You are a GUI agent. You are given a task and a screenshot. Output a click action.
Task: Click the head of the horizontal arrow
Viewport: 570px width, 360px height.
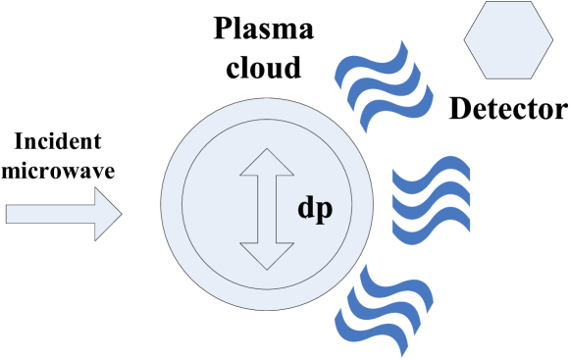(107, 214)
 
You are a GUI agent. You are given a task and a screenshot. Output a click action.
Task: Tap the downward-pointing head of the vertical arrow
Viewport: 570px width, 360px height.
(267, 255)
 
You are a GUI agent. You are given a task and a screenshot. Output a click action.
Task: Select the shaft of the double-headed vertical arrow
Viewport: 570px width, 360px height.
(267, 209)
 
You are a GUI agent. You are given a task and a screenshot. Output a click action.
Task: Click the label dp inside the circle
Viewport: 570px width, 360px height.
(314, 209)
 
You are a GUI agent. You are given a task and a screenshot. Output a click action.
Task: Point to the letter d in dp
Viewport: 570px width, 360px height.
(306, 208)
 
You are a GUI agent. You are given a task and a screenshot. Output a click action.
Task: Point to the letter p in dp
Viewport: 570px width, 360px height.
(324, 211)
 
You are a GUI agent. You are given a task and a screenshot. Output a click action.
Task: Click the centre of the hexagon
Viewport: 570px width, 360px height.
(508, 40)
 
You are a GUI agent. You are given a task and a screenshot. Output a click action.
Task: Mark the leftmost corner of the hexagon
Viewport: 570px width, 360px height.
(465, 40)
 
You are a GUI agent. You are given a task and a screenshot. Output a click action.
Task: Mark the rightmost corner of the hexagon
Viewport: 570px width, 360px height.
(551, 40)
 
